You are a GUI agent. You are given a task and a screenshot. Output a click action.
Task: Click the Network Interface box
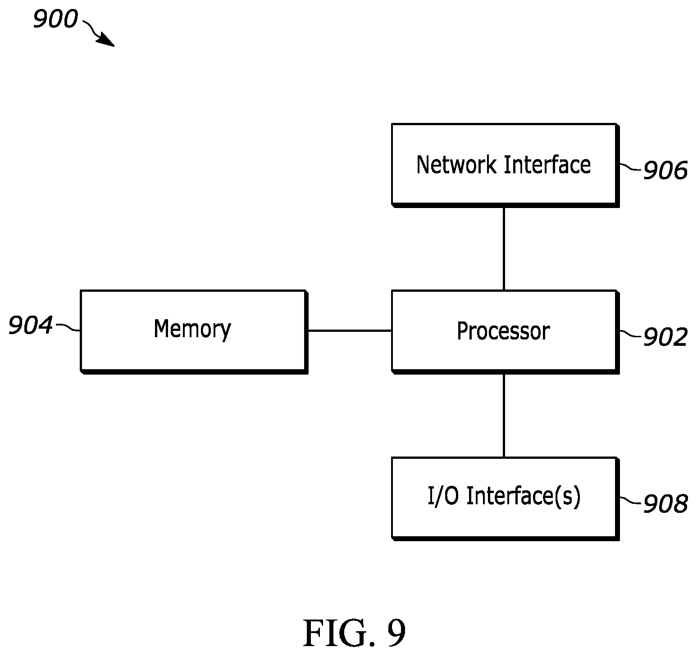[x=505, y=165]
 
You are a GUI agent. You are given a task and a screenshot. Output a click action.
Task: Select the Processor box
[x=505, y=332]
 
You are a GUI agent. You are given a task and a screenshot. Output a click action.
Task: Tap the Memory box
[x=194, y=332]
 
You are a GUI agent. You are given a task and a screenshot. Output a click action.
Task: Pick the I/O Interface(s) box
[x=505, y=498]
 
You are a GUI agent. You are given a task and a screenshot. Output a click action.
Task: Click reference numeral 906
[x=665, y=171]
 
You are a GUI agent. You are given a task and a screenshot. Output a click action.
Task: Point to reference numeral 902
[x=665, y=337]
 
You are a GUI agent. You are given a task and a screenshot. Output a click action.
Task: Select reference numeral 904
[x=31, y=326]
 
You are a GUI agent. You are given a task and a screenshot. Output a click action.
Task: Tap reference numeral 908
[x=665, y=504]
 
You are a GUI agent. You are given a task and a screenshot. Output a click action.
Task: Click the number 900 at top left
[x=55, y=20]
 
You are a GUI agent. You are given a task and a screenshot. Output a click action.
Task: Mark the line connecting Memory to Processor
[x=350, y=331]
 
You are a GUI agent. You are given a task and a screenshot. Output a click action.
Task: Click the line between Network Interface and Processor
[x=504, y=249]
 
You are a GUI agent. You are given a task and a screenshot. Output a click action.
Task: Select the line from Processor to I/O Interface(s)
[x=504, y=416]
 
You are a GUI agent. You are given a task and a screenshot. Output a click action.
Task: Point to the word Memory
[x=192, y=330]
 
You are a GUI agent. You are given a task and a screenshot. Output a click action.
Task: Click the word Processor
[x=503, y=331]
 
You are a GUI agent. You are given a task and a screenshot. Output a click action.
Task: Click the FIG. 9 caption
[x=355, y=633]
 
